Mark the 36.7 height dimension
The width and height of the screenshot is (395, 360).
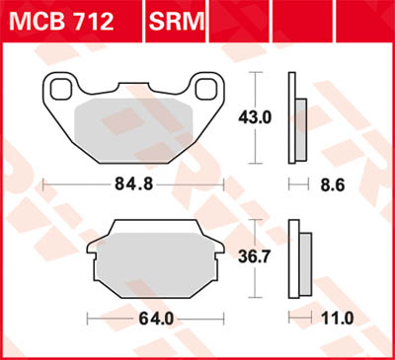(258, 254)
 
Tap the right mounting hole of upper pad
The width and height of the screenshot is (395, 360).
(206, 89)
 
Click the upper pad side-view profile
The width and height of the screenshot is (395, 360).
(295, 118)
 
